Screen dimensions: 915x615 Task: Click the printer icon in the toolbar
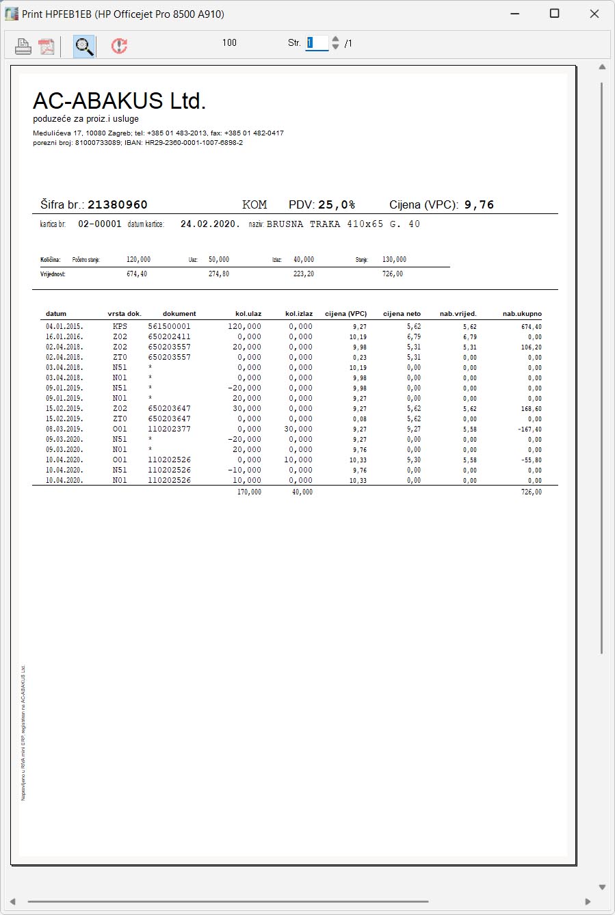23,47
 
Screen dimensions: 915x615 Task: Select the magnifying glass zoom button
83,47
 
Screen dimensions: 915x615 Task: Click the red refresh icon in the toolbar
120,46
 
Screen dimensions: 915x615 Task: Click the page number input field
317,43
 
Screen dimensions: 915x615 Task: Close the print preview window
594,14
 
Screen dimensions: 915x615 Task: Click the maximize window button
554,14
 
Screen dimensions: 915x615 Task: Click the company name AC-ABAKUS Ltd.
119,101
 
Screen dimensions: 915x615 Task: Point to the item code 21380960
118,204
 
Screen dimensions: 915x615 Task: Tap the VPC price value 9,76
479,204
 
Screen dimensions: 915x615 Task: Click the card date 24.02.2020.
210,224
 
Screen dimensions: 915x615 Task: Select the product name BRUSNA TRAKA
303,224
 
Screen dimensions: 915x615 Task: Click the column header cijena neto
402,314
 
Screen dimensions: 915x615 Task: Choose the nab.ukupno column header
522,314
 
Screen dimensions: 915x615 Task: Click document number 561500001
169,326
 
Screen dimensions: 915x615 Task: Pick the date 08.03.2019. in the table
64,429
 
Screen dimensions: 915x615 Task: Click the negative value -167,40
529,429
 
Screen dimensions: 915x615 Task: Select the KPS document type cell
120,326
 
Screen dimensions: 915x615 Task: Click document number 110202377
169,429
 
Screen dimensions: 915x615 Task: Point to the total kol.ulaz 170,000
249,492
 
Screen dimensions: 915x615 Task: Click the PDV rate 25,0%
337,204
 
